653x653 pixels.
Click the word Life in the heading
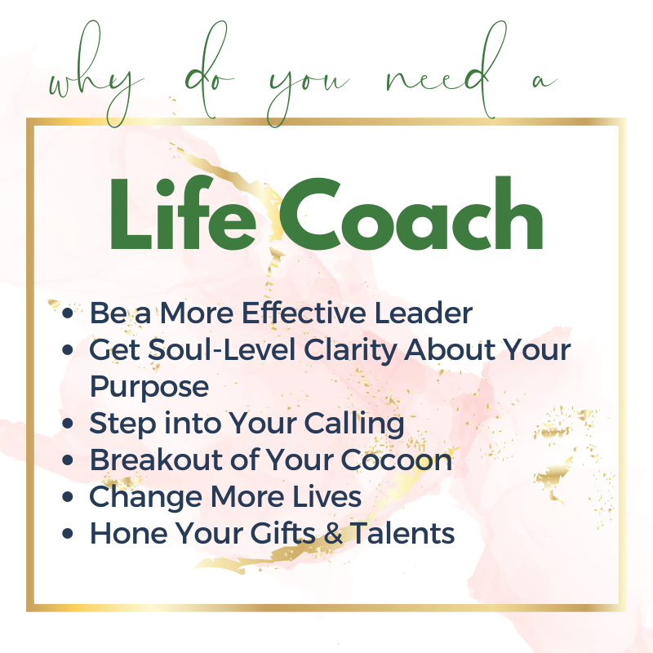182,213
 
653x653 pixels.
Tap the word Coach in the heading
411,213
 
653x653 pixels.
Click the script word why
96,74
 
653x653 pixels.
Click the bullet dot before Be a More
68,313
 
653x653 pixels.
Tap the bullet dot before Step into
68,424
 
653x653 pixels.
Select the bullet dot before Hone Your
68,534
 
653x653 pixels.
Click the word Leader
424,313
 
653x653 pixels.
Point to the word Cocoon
397,460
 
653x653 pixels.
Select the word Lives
326,496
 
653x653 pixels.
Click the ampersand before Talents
334,534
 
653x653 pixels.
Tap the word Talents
402,533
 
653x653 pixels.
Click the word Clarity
350,351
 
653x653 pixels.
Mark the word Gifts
283,533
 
